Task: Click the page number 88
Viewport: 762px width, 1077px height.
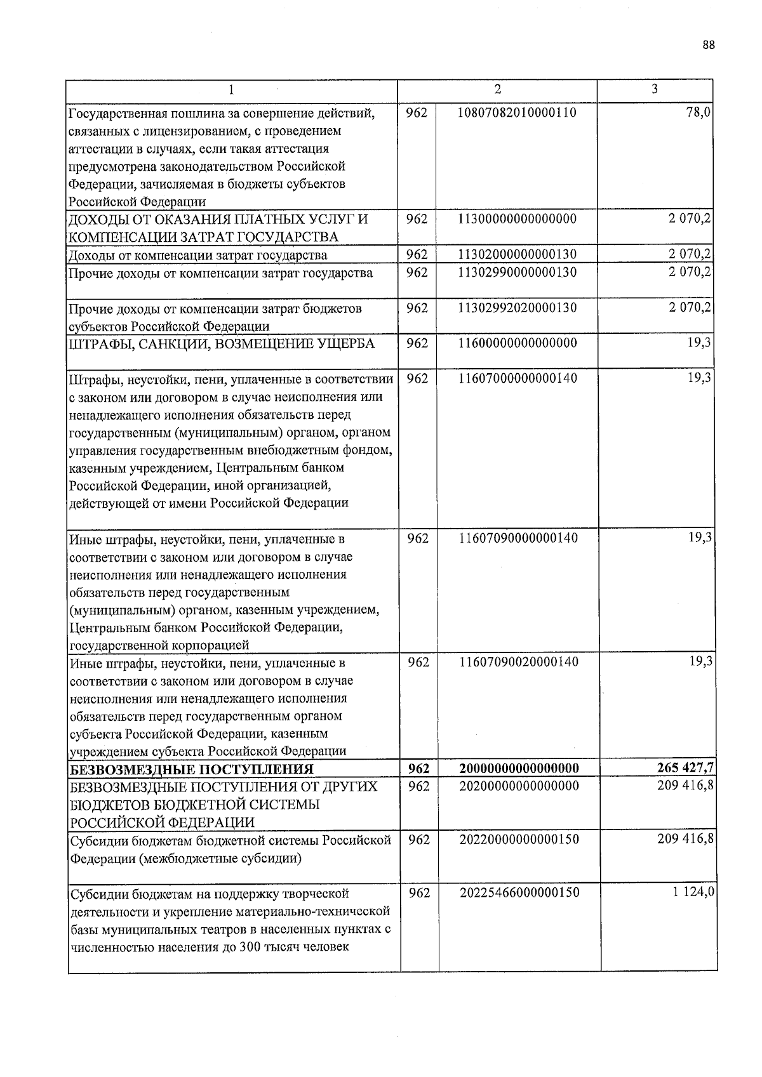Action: pos(709,45)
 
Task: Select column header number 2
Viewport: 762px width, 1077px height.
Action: pos(497,89)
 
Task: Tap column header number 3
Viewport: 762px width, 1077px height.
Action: pos(654,89)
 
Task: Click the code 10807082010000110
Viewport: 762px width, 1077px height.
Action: pos(517,113)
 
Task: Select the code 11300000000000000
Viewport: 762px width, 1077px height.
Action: pos(517,219)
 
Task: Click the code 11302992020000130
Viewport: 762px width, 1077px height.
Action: pos(517,308)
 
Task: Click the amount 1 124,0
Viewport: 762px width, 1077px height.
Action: pos(694,892)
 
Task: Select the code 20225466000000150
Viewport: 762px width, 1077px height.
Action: pos(519,892)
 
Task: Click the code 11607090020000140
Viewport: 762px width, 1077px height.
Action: pos(518,662)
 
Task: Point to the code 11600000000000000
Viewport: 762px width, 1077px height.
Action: pos(517,343)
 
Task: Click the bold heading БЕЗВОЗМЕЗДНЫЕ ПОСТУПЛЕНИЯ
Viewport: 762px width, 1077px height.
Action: pos(191,769)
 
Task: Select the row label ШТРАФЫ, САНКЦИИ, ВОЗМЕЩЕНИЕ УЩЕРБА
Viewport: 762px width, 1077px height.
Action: pos(222,344)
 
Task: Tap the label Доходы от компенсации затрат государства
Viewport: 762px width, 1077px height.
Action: pos(197,256)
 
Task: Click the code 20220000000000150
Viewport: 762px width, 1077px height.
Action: pos(519,839)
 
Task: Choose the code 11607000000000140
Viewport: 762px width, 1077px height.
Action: pos(518,378)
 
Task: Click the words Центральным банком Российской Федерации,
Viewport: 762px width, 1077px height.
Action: pos(206,628)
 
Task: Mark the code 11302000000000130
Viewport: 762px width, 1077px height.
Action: pos(517,254)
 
